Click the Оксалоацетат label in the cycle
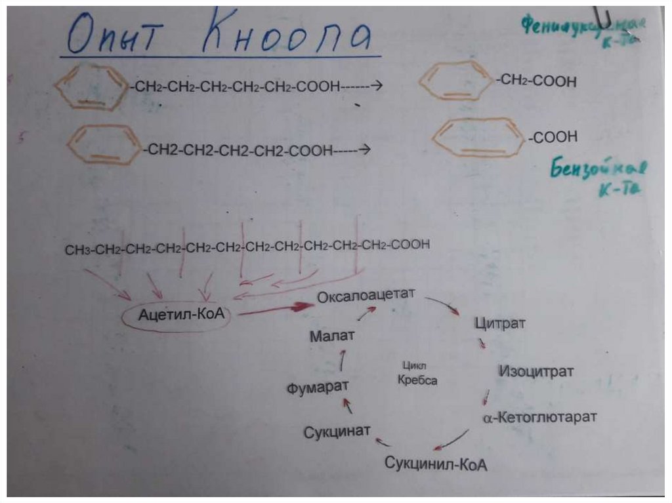[x=366, y=296]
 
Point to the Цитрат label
[x=499, y=323]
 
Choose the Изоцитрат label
[x=535, y=371]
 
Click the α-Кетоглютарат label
[x=540, y=417]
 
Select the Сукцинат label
[x=337, y=431]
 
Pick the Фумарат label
[x=318, y=387]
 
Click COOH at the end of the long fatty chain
[x=411, y=245]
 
